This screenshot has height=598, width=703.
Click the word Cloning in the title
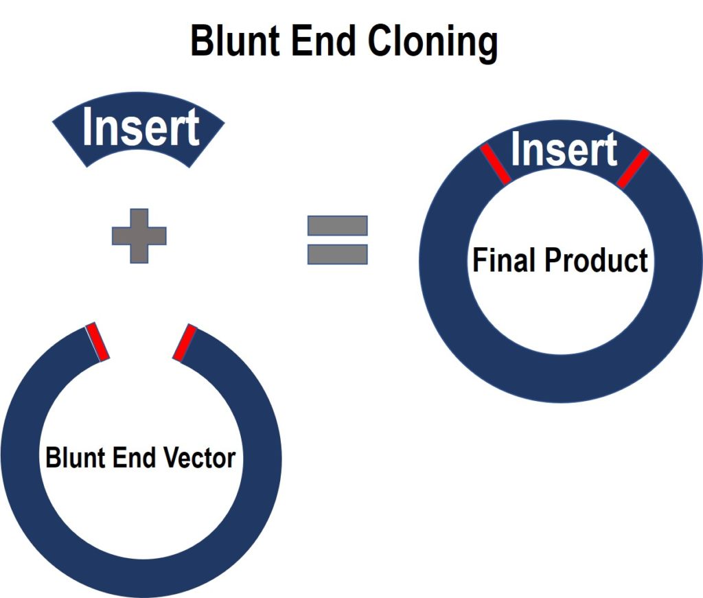tap(430, 43)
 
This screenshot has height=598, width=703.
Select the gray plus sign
tap(139, 235)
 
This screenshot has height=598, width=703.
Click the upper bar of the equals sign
tap(337, 226)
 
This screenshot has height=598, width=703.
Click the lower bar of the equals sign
tap(337, 254)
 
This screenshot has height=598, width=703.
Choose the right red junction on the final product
tap(632, 168)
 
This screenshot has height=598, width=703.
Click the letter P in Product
tap(552, 260)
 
